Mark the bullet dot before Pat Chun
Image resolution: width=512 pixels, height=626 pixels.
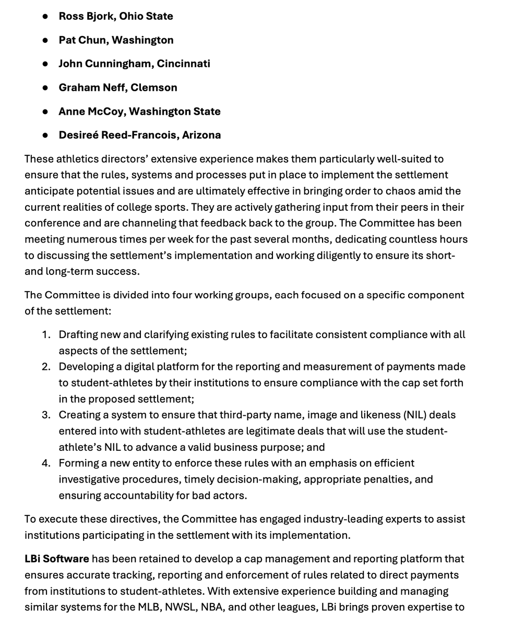click(45, 40)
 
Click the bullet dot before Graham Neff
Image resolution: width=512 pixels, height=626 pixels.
click(45, 88)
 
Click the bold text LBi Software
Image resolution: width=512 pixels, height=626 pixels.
click(56, 559)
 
